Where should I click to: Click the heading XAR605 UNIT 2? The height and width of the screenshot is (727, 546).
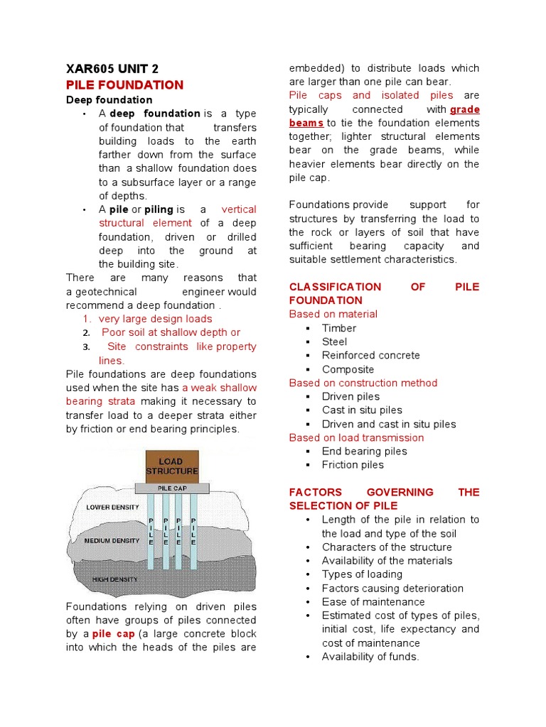[112, 69]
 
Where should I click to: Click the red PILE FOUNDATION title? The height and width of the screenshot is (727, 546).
[124, 85]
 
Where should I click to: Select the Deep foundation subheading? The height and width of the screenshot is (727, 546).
[109, 100]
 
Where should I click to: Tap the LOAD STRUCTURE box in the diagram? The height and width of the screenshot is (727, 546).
[172, 467]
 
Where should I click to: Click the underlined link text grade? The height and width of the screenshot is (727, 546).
[465, 109]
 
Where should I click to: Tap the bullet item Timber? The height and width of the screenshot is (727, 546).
[338, 328]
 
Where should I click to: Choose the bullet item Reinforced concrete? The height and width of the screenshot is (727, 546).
[370, 355]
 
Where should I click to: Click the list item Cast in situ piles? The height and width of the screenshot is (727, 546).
[361, 410]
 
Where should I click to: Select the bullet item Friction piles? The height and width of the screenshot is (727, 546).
[352, 464]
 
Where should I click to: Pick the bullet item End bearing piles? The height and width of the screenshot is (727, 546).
[364, 451]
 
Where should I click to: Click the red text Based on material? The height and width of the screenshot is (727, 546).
[333, 314]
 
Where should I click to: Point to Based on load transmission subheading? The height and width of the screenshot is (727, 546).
[356, 437]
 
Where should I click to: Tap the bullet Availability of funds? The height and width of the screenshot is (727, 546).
[370, 657]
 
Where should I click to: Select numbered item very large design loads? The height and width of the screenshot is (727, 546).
[155, 319]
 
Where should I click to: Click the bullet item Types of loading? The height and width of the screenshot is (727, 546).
[362, 574]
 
